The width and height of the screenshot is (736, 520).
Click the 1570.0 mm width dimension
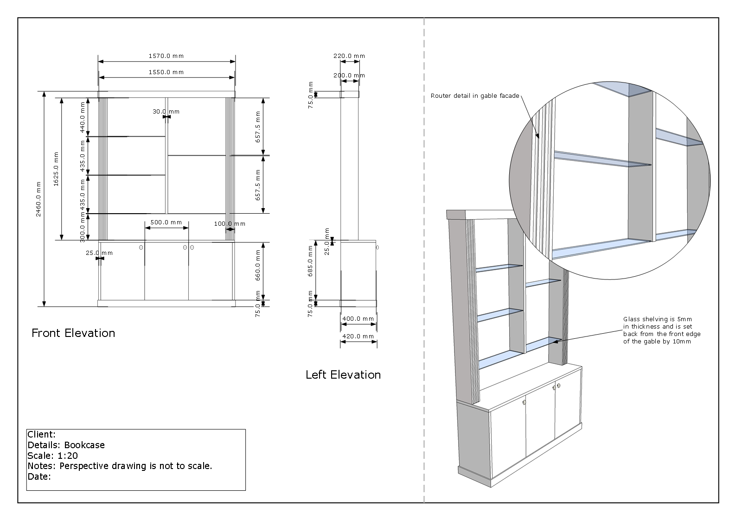click(x=166, y=56)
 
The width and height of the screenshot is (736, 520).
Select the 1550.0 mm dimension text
click(x=166, y=72)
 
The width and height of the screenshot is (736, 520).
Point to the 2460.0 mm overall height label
click(x=39, y=199)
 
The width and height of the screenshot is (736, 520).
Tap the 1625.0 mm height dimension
click(x=56, y=169)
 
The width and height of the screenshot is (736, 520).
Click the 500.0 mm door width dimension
click(x=166, y=222)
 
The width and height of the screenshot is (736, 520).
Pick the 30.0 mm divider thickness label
click(x=166, y=112)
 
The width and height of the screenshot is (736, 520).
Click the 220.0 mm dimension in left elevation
click(x=349, y=56)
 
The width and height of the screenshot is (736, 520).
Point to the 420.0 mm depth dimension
click(x=358, y=336)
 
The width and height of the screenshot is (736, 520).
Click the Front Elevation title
click(x=73, y=333)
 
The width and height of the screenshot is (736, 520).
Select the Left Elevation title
click(x=343, y=375)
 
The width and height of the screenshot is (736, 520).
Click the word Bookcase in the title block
click(x=84, y=445)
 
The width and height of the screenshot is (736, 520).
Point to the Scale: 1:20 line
click(x=52, y=456)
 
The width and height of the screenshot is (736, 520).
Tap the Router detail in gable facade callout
click(x=474, y=96)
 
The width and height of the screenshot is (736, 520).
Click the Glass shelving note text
click(x=661, y=330)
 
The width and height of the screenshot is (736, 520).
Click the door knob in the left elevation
click(x=378, y=247)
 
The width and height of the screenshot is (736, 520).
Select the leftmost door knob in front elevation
click(x=141, y=248)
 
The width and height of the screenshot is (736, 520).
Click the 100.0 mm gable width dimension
click(x=230, y=224)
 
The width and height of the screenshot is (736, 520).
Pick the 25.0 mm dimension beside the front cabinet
click(x=99, y=253)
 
